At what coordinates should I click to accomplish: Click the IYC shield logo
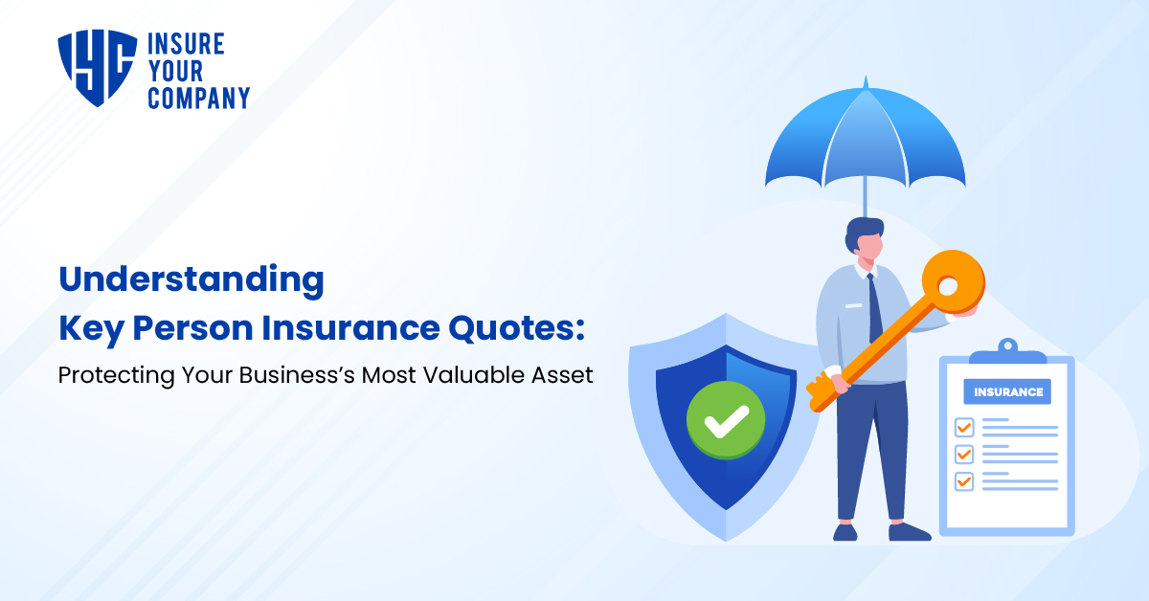[x=97, y=67]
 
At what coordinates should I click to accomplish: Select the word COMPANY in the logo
[x=198, y=97]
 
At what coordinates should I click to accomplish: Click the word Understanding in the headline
[x=191, y=280]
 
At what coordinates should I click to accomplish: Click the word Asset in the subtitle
[x=563, y=375]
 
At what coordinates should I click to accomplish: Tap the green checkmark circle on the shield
[x=725, y=418]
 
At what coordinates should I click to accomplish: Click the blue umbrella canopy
[x=865, y=139]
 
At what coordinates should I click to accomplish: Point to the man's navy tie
[x=874, y=306]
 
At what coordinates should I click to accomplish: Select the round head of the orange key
[x=952, y=282]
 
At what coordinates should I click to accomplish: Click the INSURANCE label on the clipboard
[x=1007, y=391]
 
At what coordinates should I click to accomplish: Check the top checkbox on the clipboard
[x=964, y=427]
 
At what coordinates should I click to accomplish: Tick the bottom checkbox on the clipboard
[x=964, y=480]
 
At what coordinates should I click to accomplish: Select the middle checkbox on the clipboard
[x=964, y=454]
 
